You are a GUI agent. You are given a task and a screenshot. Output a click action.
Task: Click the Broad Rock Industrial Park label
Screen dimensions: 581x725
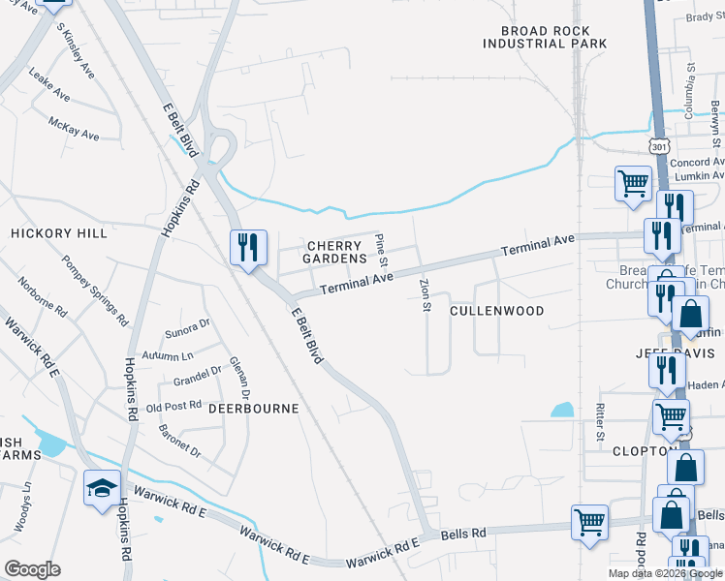click(545, 37)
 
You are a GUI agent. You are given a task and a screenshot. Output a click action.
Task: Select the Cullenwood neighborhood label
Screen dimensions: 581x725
click(497, 311)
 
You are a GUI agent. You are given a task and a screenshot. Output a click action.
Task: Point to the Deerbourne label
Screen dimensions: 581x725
click(254, 409)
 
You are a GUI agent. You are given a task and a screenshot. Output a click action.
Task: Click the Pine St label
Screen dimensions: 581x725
click(382, 250)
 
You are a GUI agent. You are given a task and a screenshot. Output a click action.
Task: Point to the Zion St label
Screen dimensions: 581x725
click(425, 295)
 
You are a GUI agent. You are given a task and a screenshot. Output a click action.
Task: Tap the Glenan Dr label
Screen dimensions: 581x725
click(239, 378)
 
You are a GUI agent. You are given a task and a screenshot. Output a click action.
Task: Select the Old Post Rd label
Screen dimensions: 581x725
click(173, 406)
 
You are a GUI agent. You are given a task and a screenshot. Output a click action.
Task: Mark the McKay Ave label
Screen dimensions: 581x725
click(75, 128)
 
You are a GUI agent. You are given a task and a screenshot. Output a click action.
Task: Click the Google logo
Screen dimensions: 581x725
click(32, 569)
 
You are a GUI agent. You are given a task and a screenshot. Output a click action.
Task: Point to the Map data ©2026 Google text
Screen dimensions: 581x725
click(664, 573)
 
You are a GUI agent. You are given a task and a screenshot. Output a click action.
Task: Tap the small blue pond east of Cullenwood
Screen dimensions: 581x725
click(562, 410)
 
